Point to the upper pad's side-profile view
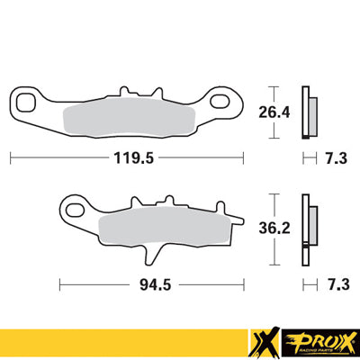(309, 112)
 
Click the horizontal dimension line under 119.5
(54, 157)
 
